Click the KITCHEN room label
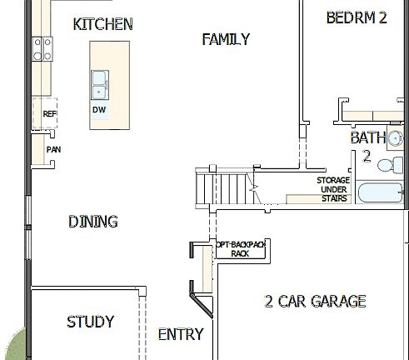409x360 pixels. tap(102, 24)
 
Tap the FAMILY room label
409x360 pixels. tap(226, 39)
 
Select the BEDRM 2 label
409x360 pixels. tap(357, 17)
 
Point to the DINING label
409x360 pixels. tap(92, 222)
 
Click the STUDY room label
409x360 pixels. tap(90, 322)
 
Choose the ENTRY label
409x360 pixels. tap(180, 334)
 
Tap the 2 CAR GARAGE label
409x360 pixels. tap(315, 301)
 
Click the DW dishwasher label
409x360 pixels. tap(98, 110)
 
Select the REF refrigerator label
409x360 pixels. tap(49, 114)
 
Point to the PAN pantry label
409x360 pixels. tap(53, 150)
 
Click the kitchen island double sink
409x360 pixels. tap(99, 83)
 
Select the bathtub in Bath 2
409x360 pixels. tap(380, 195)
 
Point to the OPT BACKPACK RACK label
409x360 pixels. tap(240, 247)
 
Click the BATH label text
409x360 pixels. tap(367, 137)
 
